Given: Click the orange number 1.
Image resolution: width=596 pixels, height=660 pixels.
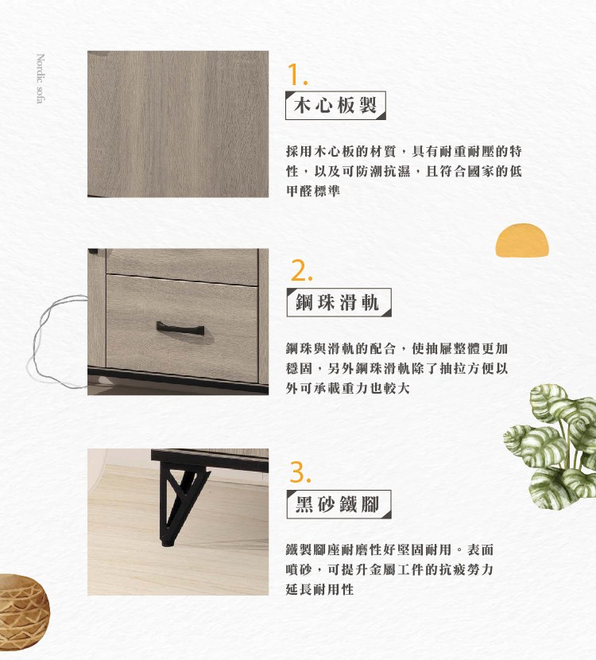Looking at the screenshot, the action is [296, 75].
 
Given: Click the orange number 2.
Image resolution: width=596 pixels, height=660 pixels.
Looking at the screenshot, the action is [301, 270].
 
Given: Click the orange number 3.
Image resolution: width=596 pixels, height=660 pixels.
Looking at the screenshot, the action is [300, 472].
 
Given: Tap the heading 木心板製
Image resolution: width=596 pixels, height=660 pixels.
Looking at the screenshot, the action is [335, 105].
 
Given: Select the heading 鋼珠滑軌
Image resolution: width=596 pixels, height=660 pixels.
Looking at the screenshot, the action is [338, 302].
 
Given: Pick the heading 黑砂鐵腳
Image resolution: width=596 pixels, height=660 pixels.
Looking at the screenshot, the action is [338, 504].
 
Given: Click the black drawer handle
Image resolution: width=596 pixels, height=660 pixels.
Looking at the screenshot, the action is [180, 328].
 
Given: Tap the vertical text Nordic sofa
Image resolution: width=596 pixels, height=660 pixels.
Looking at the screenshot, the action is [41, 78].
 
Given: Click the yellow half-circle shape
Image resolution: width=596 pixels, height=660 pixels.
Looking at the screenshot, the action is [522, 240].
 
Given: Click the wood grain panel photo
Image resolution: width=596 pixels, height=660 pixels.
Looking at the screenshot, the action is [178, 124].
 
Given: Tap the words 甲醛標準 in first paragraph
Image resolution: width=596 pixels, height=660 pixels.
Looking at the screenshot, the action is [313, 191].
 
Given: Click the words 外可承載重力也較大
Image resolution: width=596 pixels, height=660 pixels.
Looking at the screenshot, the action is [348, 388].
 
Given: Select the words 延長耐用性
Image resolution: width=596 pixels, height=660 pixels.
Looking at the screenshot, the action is [319, 589].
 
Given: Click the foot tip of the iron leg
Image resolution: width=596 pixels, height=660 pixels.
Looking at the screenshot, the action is [167, 544].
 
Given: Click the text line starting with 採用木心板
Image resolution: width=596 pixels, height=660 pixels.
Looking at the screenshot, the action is [404, 151].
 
